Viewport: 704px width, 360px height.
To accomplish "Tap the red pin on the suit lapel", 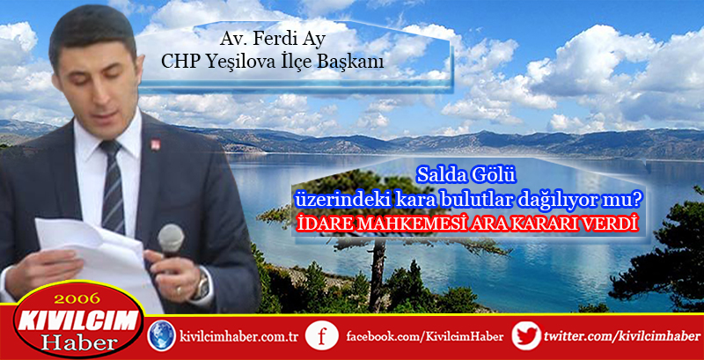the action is click(x=156, y=144).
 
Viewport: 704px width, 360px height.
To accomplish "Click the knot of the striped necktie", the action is click(x=111, y=149).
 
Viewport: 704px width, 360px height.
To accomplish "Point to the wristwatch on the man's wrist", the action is click(x=202, y=283).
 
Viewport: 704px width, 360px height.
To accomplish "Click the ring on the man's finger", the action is click(x=180, y=290).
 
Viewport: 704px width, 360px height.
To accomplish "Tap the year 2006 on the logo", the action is click(x=78, y=298).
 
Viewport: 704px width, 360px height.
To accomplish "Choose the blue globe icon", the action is click(x=162, y=335).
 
